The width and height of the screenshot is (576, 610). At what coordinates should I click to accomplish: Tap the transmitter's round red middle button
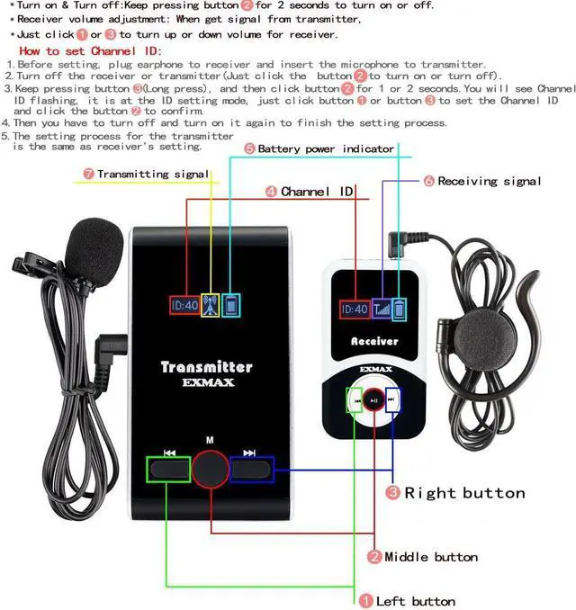tap(210, 468)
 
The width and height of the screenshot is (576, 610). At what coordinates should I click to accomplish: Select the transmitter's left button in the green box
tap(168, 469)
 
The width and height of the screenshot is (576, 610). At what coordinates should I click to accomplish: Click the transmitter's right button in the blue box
tap(252, 469)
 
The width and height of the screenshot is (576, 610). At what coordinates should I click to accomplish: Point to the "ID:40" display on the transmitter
tap(185, 305)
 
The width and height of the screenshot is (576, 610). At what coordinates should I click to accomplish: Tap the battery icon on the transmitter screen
tap(233, 305)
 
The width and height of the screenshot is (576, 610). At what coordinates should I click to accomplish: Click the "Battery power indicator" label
tap(325, 148)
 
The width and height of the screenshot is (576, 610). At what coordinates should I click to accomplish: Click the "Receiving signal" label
tap(489, 181)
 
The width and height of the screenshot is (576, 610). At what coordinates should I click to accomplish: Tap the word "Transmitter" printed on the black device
tap(206, 366)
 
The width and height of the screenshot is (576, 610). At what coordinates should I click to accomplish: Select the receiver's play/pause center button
tap(375, 399)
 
